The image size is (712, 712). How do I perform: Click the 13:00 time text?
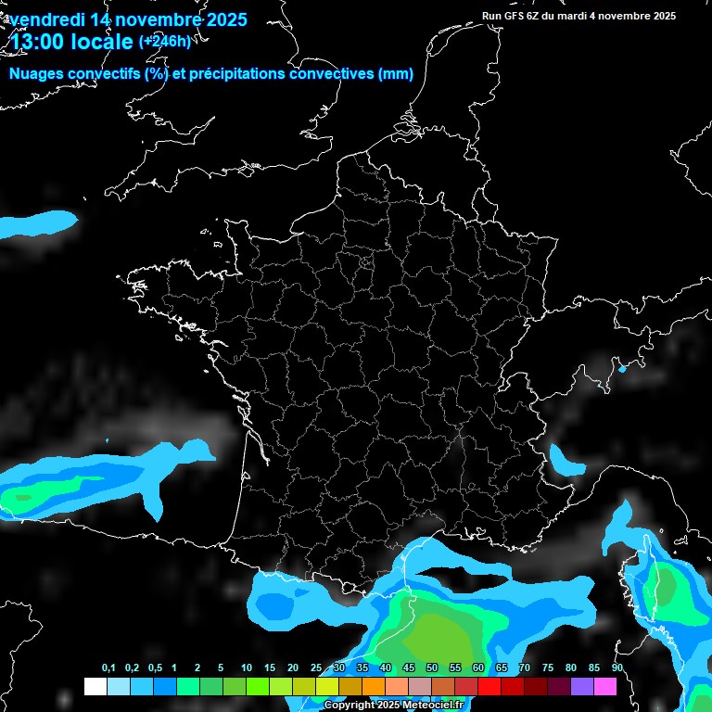(x=40, y=42)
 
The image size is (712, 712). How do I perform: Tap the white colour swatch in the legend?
(x=95, y=686)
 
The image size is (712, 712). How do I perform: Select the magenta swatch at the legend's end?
(x=604, y=686)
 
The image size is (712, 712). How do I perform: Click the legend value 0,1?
(x=108, y=668)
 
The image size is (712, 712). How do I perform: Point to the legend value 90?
(x=617, y=668)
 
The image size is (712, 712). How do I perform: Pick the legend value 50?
(x=432, y=668)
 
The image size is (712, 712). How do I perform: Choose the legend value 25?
(x=316, y=668)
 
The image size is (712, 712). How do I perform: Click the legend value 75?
(x=547, y=668)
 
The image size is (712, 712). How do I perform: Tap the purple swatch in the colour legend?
(x=581, y=686)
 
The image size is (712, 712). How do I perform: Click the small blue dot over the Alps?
(x=622, y=369)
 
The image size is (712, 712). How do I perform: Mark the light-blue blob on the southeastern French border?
(x=560, y=458)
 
